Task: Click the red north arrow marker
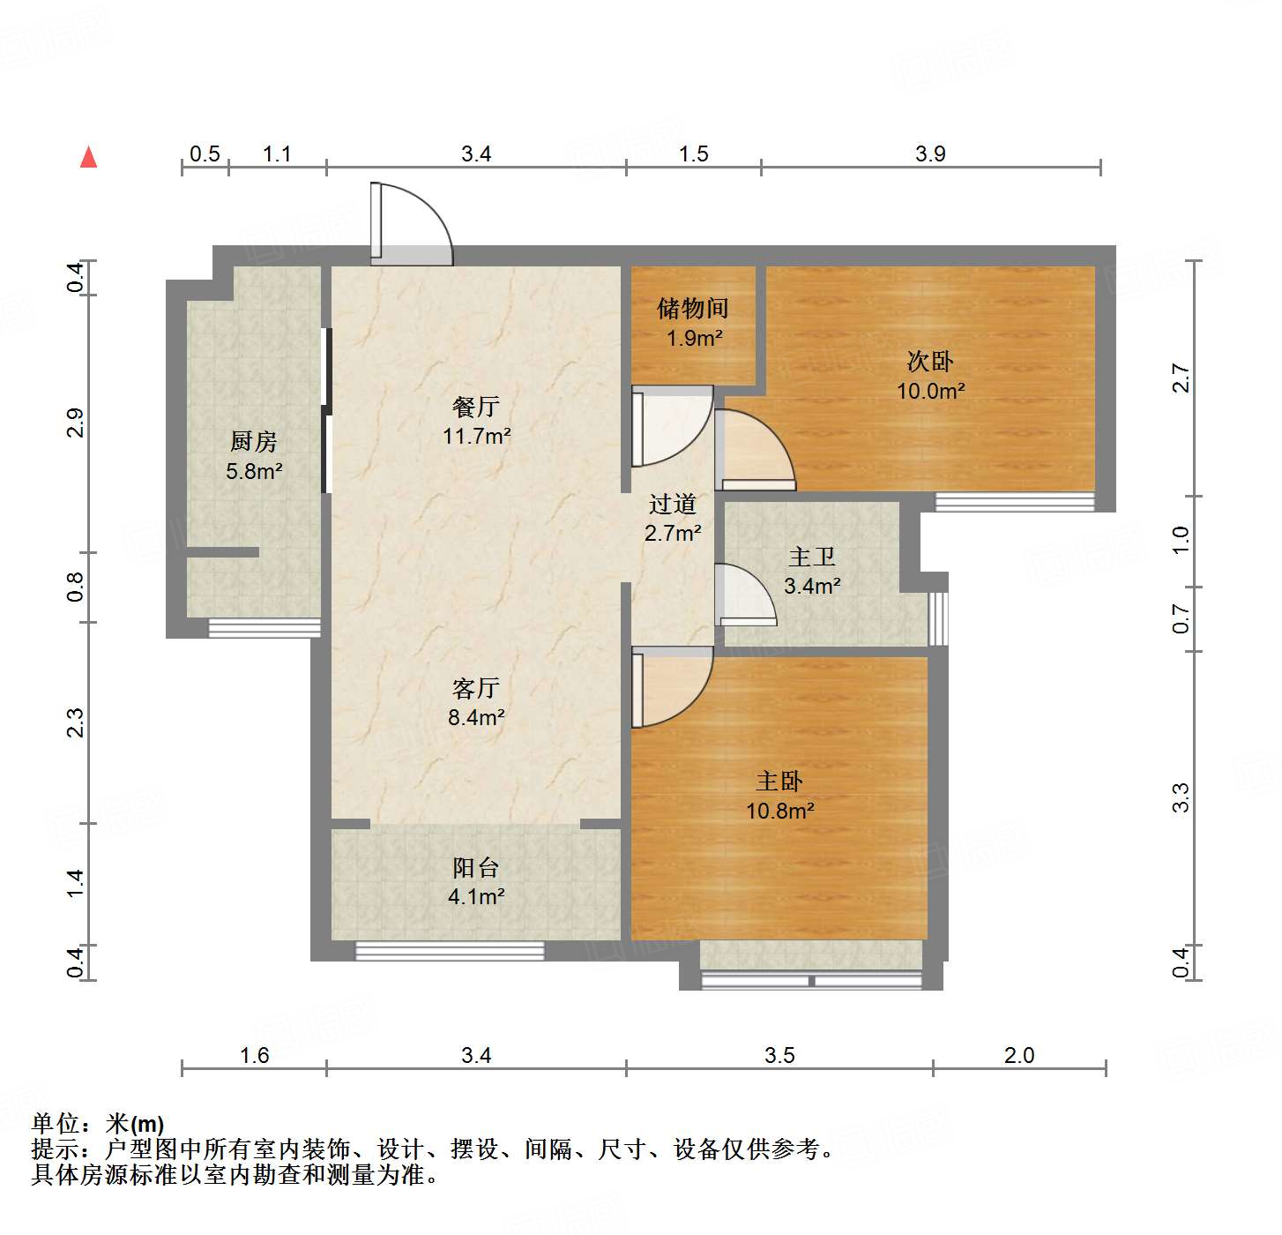click(88, 157)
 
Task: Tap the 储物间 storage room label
click(693, 309)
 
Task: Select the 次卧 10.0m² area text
click(931, 391)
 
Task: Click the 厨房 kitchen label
click(254, 441)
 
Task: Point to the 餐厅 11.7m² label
click(477, 421)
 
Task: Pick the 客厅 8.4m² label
click(476, 702)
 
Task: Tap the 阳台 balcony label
click(476, 868)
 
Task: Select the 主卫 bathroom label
click(812, 558)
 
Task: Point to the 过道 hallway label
click(673, 505)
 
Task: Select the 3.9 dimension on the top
click(930, 154)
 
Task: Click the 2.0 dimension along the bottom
click(1019, 1055)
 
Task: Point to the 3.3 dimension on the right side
click(1181, 797)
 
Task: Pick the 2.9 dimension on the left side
click(76, 423)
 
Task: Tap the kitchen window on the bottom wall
click(264, 628)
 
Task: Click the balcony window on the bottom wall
click(450, 951)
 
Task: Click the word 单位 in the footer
click(56, 1124)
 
